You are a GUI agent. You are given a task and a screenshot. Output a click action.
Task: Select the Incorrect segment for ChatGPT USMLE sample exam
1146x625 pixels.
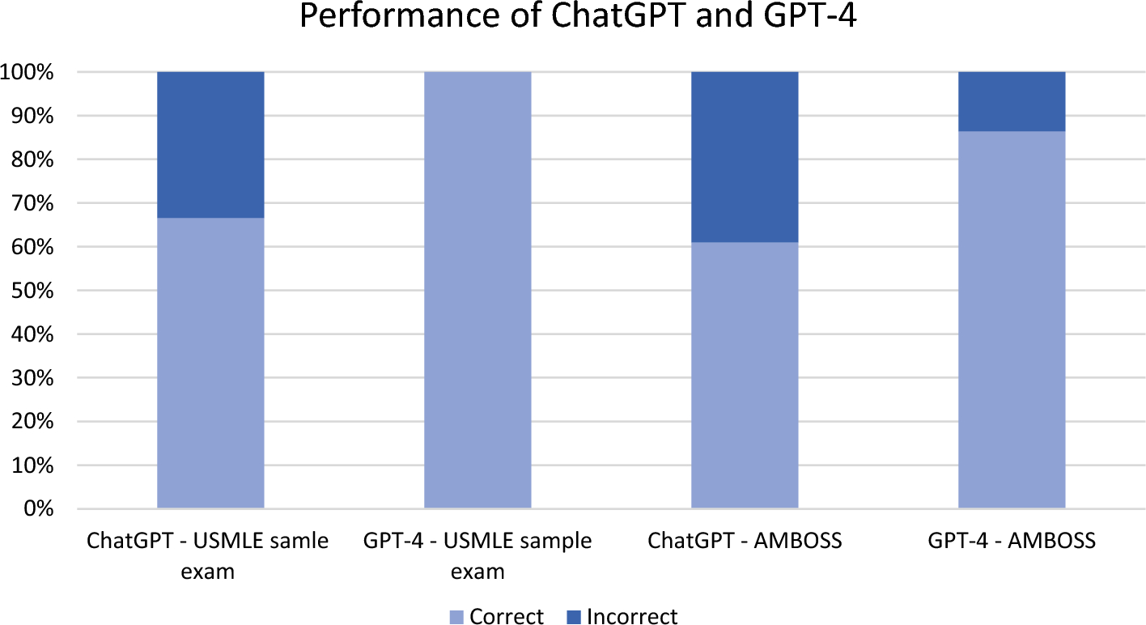tap(210, 145)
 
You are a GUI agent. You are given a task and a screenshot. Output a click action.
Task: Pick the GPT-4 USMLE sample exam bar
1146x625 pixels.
tap(477, 290)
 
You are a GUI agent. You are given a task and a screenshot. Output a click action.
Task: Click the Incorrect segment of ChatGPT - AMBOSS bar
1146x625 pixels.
tap(745, 157)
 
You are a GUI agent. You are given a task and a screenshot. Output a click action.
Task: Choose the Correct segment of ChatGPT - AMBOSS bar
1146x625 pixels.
tap(745, 375)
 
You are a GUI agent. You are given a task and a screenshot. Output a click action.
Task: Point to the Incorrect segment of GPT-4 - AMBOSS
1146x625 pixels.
tap(1012, 101)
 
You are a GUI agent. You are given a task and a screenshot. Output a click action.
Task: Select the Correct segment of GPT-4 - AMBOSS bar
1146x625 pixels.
tap(1012, 320)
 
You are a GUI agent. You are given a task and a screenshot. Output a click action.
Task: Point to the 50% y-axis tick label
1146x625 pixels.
tap(32, 291)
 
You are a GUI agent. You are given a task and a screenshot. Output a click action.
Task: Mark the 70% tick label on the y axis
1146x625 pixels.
tap(32, 203)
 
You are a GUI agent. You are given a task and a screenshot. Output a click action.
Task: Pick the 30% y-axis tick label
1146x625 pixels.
tap(32, 378)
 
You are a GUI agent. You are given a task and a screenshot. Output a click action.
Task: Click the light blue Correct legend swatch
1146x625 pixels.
tap(457, 617)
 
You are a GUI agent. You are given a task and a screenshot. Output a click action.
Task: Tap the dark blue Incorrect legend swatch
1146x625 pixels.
tap(575, 617)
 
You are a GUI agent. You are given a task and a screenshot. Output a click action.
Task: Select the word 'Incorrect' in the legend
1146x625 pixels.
tap(632, 617)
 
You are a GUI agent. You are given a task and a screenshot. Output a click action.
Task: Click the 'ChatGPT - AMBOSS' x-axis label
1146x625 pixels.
tap(745, 541)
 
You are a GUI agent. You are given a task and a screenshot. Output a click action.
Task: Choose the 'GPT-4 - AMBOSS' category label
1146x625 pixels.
tap(1012, 541)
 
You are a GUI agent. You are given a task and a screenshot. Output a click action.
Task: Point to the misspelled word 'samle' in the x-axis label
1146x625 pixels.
tap(301, 541)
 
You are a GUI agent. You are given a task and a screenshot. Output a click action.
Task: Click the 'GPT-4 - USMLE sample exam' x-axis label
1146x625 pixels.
tap(477, 555)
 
